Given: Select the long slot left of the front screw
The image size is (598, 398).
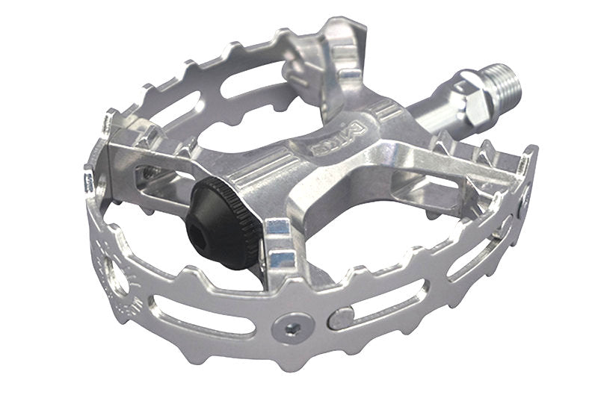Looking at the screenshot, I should tap(202, 313).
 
